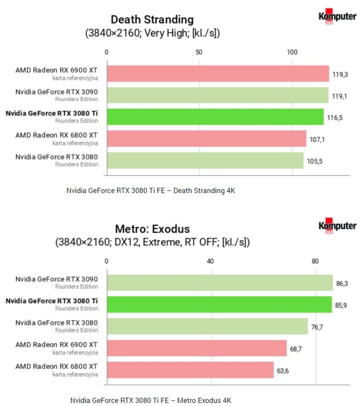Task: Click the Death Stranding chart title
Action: point(152,20)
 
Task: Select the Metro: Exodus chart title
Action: point(152,229)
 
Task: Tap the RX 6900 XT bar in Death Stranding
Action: point(217,74)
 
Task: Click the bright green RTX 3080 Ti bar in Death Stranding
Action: point(215,117)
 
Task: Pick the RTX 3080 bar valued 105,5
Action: point(205,160)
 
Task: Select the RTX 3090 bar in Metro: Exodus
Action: point(219,282)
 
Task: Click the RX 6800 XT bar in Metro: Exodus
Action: point(190,370)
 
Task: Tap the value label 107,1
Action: point(317,139)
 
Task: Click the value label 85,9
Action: point(342,305)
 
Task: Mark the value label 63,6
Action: point(284,370)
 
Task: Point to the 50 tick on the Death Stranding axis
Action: point(199,52)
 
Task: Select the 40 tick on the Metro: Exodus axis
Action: point(210,261)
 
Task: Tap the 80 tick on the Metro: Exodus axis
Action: point(315,261)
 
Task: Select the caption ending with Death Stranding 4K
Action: point(150,190)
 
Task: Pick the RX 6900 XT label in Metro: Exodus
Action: point(56,345)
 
